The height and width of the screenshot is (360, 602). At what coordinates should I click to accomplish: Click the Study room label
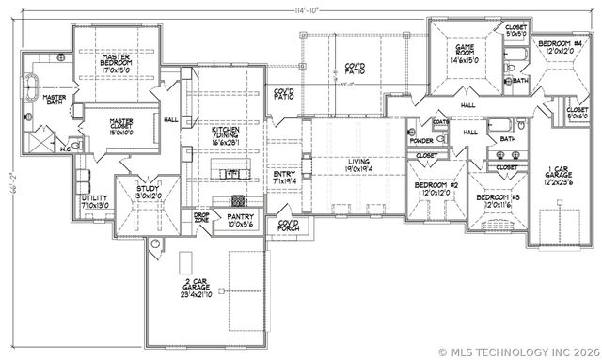(147, 193)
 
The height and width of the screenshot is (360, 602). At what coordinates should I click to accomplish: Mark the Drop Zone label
(201, 217)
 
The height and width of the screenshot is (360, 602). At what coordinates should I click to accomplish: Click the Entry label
(284, 178)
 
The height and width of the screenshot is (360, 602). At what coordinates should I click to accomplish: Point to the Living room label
(358, 166)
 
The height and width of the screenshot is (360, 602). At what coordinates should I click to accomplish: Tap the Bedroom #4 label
(560, 49)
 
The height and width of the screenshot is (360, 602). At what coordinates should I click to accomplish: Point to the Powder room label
(420, 140)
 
